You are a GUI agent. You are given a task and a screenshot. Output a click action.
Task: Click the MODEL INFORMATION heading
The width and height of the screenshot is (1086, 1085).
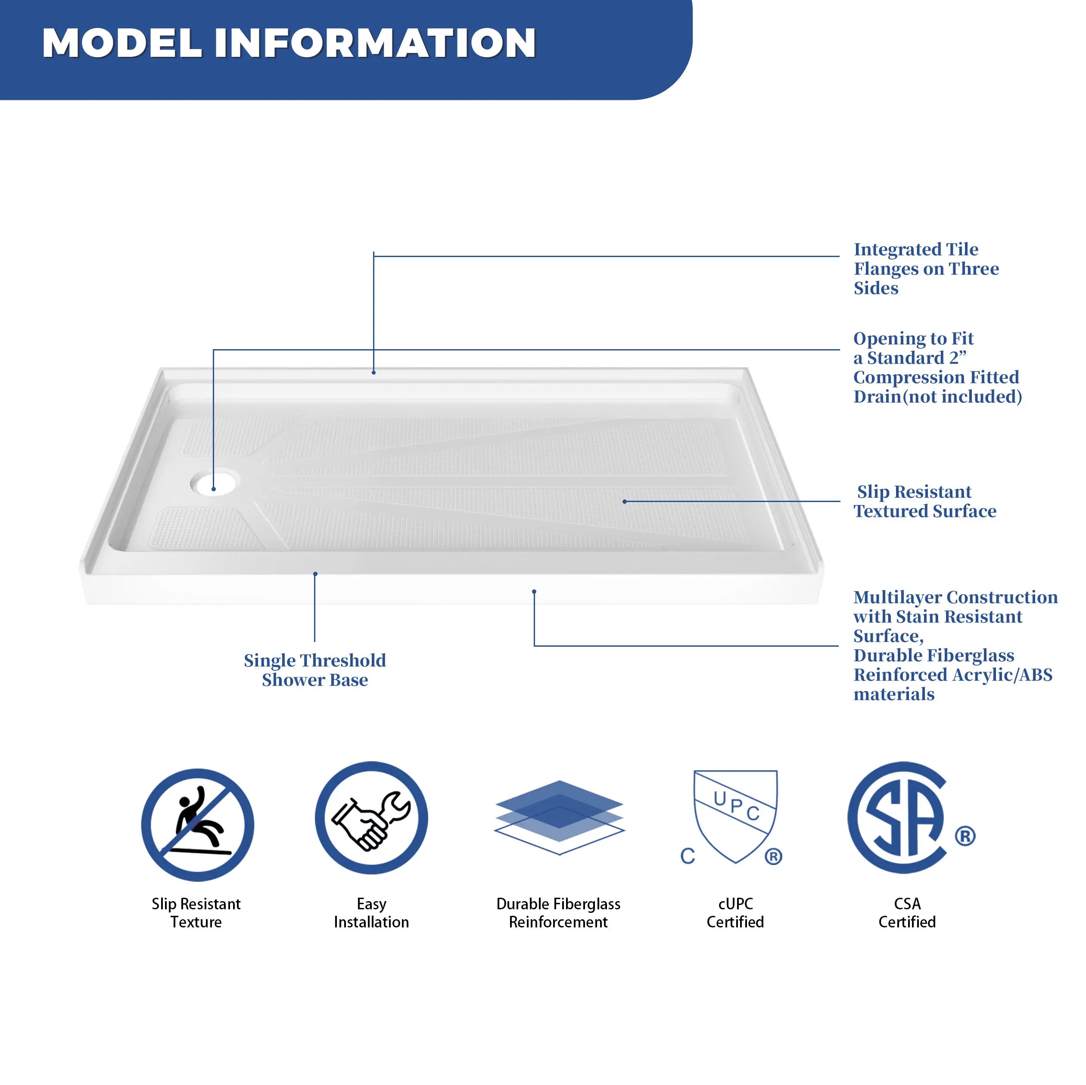(x=289, y=43)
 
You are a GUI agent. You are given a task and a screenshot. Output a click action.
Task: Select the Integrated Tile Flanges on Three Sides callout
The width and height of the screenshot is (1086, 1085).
(x=926, y=269)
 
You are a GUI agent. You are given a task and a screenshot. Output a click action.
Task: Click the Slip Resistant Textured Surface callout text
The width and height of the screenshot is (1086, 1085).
(x=925, y=501)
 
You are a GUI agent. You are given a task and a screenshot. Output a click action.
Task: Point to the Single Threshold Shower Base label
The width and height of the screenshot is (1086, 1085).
(x=315, y=670)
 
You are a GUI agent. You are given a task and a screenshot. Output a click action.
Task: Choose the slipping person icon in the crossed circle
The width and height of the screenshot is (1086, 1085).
(x=197, y=825)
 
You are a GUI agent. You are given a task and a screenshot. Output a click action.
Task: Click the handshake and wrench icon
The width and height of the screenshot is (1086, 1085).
(x=372, y=818)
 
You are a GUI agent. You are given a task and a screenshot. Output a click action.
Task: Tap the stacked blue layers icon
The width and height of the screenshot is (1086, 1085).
(x=559, y=818)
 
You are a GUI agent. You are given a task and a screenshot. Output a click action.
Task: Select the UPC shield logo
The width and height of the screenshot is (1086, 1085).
(x=735, y=816)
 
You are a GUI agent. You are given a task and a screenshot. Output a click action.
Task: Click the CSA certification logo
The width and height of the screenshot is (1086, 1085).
(x=899, y=818)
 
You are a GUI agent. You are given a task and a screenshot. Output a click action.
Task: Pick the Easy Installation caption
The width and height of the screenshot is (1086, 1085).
(x=372, y=913)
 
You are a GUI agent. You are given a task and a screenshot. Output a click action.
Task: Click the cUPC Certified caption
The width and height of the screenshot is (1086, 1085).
(x=735, y=913)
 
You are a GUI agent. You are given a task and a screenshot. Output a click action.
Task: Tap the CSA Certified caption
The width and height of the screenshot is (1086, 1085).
(x=907, y=913)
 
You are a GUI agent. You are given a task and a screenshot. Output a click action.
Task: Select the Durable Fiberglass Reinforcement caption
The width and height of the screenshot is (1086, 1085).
(x=558, y=913)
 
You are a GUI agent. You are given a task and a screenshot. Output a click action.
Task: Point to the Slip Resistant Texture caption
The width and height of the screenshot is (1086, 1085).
(x=196, y=913)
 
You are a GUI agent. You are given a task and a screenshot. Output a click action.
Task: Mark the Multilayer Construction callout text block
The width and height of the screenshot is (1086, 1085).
(x=955, y=645)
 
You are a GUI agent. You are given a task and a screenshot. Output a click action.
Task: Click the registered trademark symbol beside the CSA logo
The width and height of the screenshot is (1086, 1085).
(x=965, y=836)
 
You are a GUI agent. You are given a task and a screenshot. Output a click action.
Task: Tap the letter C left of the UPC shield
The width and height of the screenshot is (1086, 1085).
(x=688, y=856)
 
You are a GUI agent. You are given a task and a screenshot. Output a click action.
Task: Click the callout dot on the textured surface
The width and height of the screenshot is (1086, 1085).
(x=625, y=501)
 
